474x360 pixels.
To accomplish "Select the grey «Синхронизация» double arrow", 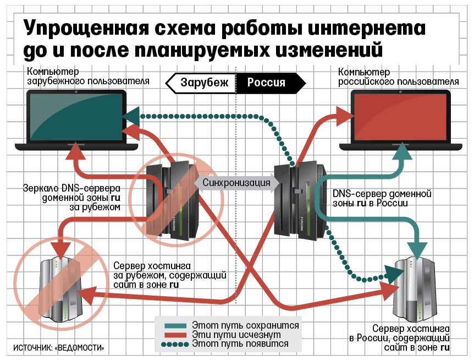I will pyautogui.click(x=237, y=183).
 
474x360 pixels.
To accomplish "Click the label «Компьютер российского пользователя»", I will pyautogui.click(x=398, y=77).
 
